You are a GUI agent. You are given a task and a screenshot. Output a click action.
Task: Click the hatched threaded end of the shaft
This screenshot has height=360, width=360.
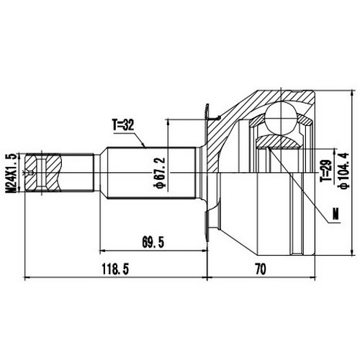(x=47, y=171)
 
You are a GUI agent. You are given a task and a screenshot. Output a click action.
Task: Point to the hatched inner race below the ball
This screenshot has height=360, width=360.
(x=282, y=141)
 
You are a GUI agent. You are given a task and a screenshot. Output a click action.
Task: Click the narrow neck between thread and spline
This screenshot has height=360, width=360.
(x=86, y=171)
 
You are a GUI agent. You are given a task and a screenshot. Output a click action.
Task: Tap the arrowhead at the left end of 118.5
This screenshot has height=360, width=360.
(x=28, y=277)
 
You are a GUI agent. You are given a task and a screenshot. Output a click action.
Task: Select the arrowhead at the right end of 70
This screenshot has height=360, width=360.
(x=315, y=277)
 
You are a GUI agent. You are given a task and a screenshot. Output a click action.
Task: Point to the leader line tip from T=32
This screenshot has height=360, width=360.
(x=149, y=147)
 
